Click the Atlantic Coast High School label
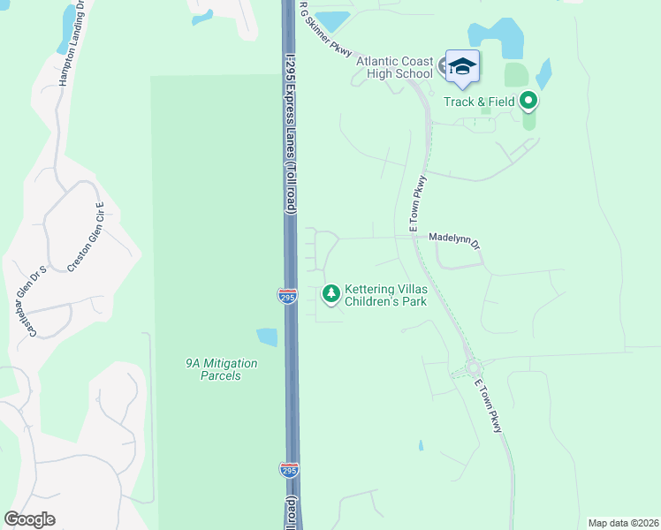[x=394, y=67]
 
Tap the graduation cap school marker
[x=462, y=65]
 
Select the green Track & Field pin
[x=529, y=101]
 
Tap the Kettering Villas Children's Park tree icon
[x=331, y=292]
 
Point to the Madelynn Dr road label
[x=453, y=238]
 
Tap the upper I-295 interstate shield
[x=287, y=297]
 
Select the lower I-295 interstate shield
[x=289, y=470]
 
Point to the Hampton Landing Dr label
[x=70, y=44]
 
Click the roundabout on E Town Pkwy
[x=474, y=367]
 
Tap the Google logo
[x=30, y=519]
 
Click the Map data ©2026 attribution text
[x=623, y=523]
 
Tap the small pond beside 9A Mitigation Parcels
[x=267, y=337]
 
